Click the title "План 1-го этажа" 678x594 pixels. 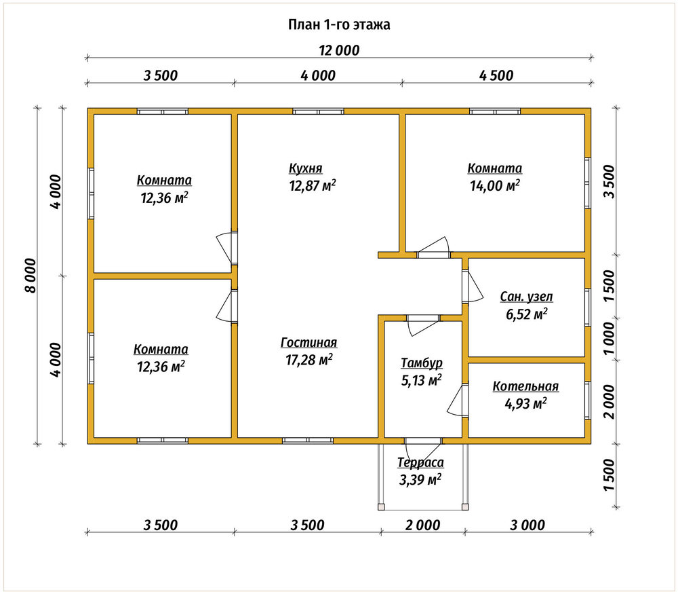tap(339, 24)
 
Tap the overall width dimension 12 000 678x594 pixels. tap(340, 51)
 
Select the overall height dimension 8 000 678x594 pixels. tap(31, 276)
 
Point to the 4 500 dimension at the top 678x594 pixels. tap(496, 76)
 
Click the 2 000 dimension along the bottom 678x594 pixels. tap(422, 525)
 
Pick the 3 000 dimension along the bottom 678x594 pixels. tap(527, 525)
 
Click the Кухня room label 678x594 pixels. tap(306, 168)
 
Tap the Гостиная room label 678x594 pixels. tap(308, 342)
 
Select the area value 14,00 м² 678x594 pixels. tap(495, 186)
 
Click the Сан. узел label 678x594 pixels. tap(526, 297)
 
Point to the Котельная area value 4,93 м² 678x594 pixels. tap(526, 403)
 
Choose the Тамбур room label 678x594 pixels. tap(422, 363)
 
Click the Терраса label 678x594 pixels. tap(421, 462)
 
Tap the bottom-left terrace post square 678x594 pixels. tap(381, 506)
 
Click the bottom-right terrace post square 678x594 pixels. tap(465, 506)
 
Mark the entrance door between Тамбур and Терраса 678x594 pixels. tap(423, 441)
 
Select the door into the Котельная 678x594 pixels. tap(458, 400)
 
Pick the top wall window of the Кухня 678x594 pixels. tap(318, 112)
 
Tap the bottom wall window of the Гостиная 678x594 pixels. tap(308, 441)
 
